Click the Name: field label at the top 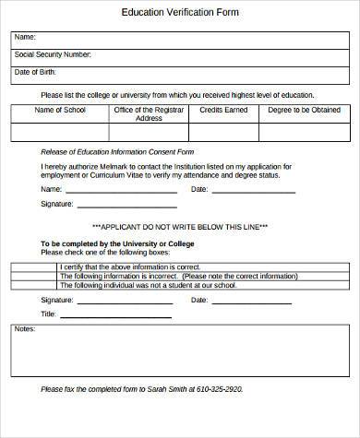(25, 38)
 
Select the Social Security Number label (53, 55)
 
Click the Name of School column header (59, 110)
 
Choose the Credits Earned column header (222, 110)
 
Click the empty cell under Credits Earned (222, 133)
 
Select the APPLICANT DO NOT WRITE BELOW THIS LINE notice (180, 226)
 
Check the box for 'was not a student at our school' (33, 284)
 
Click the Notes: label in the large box (25, 329)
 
